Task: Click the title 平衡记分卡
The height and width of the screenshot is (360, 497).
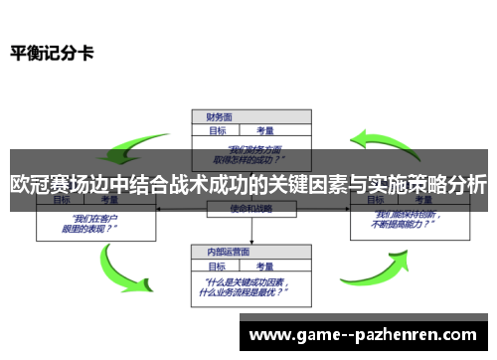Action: point(53,52)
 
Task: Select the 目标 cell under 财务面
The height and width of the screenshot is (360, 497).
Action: point(217,129)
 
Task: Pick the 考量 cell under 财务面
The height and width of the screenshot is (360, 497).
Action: point(265,129)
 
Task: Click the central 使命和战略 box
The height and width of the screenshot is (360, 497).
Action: point(248,209)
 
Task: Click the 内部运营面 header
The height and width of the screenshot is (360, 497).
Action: point(223,253)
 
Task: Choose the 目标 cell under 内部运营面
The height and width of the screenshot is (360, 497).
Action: point(217,265)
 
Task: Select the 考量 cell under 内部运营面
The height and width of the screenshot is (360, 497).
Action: point(265,265)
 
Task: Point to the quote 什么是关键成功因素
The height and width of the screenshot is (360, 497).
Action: point(248,287)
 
